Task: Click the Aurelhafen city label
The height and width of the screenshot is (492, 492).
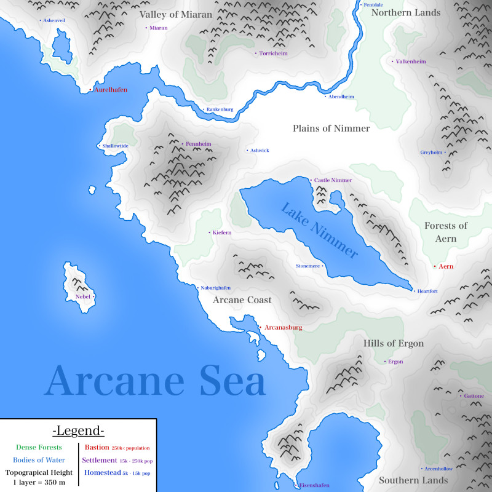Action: coord(110,90)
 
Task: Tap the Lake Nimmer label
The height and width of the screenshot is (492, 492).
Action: coord(319,230)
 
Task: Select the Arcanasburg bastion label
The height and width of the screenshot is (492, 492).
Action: coord(283,328)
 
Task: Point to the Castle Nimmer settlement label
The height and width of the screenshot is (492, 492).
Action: coord(333,180)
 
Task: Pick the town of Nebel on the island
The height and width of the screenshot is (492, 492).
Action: coord(82,296)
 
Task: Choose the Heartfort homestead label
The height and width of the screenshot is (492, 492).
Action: coord(427,291)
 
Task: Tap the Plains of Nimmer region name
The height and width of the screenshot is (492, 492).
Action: coord(331,129)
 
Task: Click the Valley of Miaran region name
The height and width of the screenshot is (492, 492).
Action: coord(175,14)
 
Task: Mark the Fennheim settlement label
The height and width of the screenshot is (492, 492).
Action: coord(198,144)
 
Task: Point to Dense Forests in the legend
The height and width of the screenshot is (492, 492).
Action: coord(39,448)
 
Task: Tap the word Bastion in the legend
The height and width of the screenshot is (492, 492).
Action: coord(97,448)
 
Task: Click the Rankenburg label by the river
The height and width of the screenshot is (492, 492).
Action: coord(220,109)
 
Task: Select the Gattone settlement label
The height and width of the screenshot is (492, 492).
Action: coord(474,396)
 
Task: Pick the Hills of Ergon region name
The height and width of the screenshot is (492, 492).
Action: coord(394,343)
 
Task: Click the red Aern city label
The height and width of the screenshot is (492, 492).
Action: coord(446,266)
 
